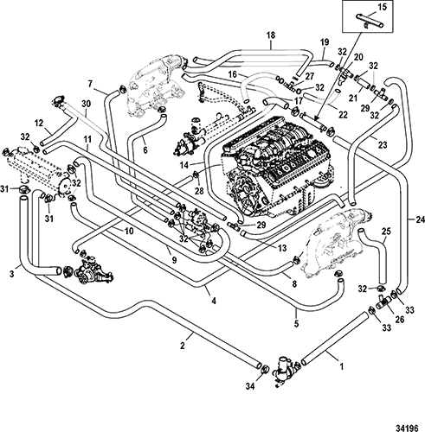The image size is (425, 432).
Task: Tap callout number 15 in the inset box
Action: (382, 7)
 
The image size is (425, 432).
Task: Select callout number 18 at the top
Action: (271, 35)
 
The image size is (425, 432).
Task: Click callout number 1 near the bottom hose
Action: (342, 366)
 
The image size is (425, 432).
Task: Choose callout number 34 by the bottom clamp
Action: (250, 386)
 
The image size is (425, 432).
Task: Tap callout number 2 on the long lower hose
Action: (182, 346)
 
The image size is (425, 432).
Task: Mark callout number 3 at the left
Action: (12, 274)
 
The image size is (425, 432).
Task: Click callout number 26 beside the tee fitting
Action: (400, 319)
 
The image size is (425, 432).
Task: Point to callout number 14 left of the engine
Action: (184, 165)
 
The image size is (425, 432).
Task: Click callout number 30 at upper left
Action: (87, 104)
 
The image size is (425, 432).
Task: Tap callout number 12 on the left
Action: (38, 124)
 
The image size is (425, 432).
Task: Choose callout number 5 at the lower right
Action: (296, 323)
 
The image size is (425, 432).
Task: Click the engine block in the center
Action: (277, 167)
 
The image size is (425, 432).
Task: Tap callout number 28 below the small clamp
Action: (199, 190)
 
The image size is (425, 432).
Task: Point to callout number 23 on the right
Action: (383, 145)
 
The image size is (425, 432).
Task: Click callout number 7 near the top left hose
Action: (90, 84)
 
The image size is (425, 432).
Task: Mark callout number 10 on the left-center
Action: (129, 231)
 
